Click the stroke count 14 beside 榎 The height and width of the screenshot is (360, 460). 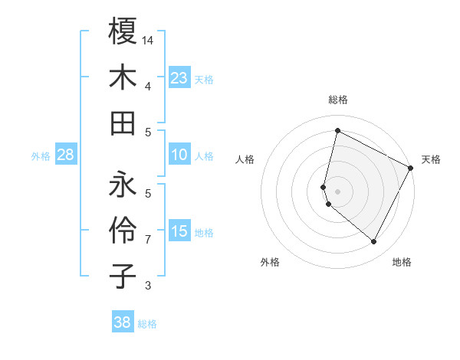[x=148, y=39]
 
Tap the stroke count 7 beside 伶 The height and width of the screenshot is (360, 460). [x=148, y=240]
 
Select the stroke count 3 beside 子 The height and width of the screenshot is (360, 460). [x=148, y=286]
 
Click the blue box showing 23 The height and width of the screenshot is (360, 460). [x=179, y=77]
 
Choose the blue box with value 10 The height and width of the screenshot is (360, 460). [x=179, y=155]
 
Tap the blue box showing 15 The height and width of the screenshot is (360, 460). [x=179, y=231]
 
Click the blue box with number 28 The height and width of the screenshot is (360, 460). [x=66, y=155]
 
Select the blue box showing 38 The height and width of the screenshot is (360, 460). [x=123, y=322]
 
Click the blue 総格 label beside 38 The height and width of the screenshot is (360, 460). [x=147, y=324]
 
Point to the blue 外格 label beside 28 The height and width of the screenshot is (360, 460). [x=41, y=156]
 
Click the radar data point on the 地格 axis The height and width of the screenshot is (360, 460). [x=373, y=242]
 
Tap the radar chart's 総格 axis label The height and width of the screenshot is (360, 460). [x=338, y=100]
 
